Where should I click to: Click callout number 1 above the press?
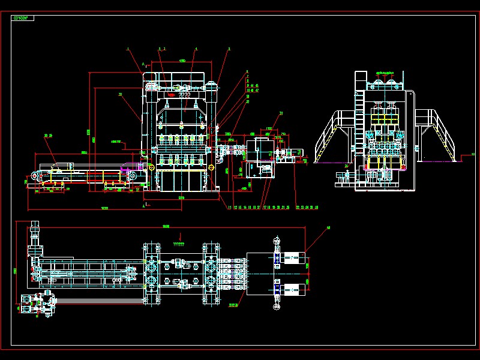click(x=128, y=48)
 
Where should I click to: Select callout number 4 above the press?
click(x=196, y=49)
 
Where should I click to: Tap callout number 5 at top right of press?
click(x=229, y=49)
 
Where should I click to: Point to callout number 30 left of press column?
click(x=121, y=94)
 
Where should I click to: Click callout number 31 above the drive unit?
click(x=281, y=112)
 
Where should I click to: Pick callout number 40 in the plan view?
click(x=328, y=228)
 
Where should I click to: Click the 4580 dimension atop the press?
click(x=182, y=61)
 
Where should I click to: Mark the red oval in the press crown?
click(x=172, y=94)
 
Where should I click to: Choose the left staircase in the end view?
click(x=331, y=135)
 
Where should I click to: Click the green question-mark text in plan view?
click(x=178, y=244)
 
